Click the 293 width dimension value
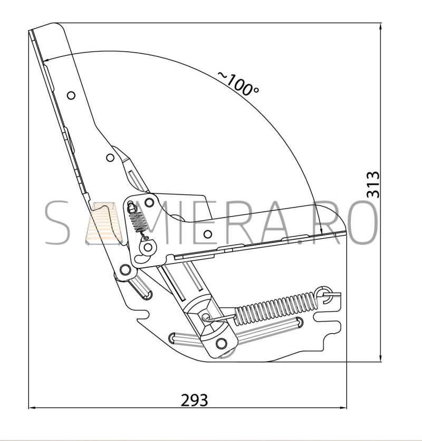(x=194, y=400)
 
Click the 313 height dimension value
(x=373, y=184)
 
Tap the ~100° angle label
(x=238, y=83)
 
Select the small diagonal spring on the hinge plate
(x=137, y=221)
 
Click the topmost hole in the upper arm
(x=71, y=96)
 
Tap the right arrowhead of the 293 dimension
(x=343, y=407)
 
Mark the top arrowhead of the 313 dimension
(x=380, y=27)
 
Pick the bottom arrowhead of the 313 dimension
(x=380, y=358)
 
